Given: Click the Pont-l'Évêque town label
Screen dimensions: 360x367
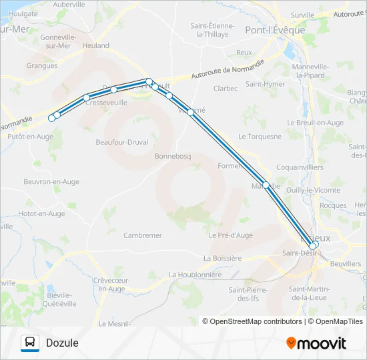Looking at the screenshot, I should pos(275,30).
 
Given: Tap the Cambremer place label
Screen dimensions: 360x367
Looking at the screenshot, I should pos(143,235).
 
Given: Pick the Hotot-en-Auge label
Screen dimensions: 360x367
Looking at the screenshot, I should pos(41,214).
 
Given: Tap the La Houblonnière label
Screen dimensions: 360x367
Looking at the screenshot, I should pos(195,274).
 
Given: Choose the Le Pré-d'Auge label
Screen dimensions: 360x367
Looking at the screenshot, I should pos(230,235).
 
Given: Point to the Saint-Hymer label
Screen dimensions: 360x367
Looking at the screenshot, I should pos(265,84).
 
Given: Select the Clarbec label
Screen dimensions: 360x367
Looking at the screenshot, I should pos(225,88).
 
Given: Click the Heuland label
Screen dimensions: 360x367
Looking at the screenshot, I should pos(96,46).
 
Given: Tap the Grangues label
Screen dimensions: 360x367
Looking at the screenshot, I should pos(41,66).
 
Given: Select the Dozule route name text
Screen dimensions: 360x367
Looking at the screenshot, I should pos(62,343).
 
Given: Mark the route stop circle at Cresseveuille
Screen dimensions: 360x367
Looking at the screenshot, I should pos(86,98).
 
